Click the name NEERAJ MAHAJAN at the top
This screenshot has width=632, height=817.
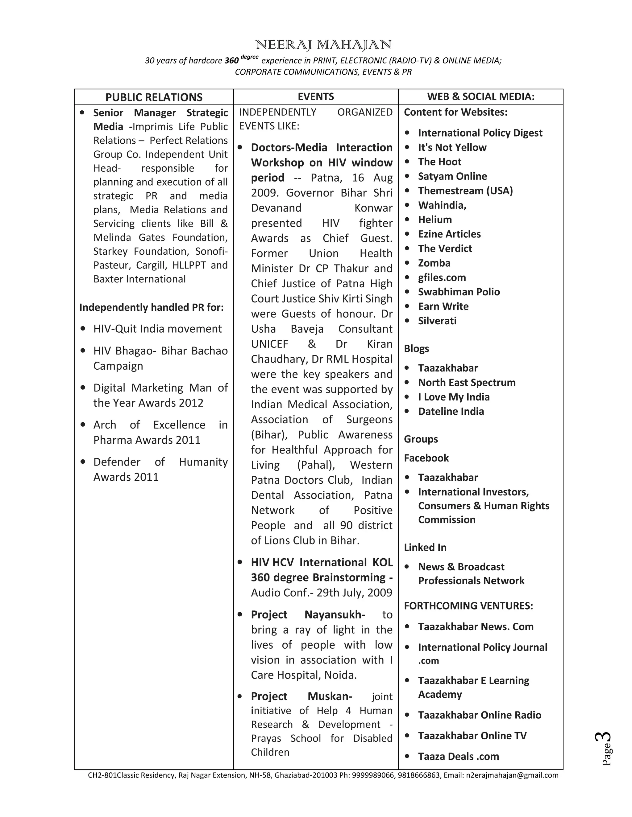pyautogui.click(x=323, y=45)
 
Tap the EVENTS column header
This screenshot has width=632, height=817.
pyautogui.click(x=316, y=96)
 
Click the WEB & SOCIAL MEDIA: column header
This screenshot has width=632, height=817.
pyautogui.click(x=481, y=96)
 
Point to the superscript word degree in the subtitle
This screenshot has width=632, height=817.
pyautogui.click(x=249, y=57)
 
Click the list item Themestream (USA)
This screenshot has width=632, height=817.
pyautogui.click(x=465, y=191)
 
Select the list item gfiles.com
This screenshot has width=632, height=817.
pyautogui.click(x=442, y=277)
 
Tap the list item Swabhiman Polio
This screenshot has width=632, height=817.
pyautogui.click(x=459, y=292)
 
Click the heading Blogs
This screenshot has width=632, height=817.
pyautogui.click(x=416, y=348)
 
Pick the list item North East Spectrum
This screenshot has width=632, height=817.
pyautogui.click(x=467, y=382)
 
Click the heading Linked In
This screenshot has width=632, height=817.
pyautogui.click(x=425, y=547)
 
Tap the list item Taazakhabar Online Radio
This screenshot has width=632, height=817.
pyautogui.click(x=479, y=715)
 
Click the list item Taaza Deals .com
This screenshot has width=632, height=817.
pyautogui.click(x=458, y=756)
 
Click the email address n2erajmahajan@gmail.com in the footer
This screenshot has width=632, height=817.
pyautogui.click(x=512, y=775)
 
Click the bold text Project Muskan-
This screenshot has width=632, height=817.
pyautogui.click(x=301, y=696)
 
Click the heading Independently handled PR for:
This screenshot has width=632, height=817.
pyautogui.click(x=151, y=307)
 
